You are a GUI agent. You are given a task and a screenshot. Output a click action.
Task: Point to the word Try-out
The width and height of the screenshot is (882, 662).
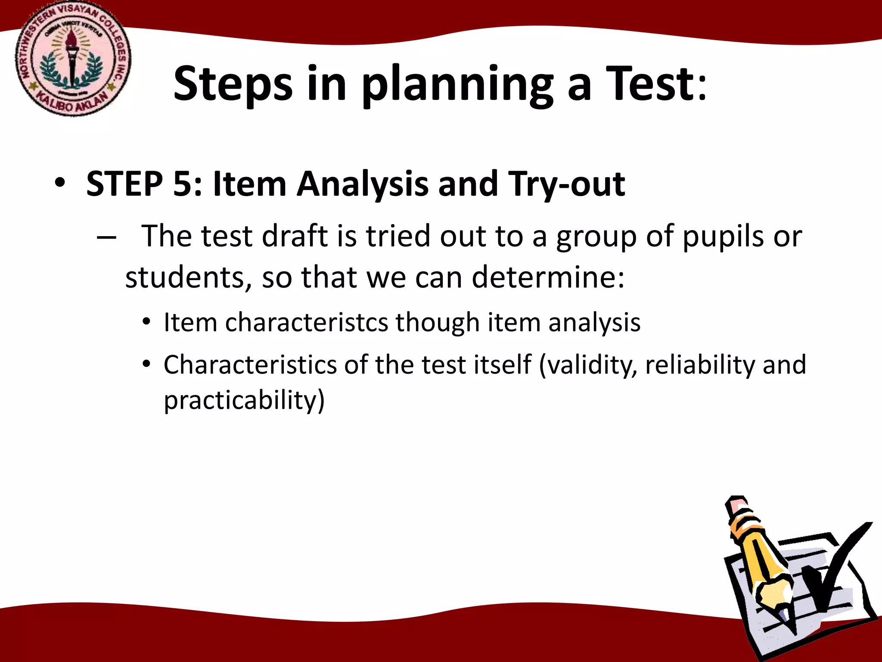[566, 184]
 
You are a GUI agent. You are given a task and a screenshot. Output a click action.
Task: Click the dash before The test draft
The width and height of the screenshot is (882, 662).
[106, 237]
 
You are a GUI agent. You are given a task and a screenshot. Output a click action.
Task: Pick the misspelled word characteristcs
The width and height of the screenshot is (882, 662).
[306, 322]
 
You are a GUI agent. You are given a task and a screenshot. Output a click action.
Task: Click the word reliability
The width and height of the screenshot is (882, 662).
[700, 365]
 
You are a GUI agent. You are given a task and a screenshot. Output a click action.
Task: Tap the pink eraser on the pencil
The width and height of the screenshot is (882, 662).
[737, 504]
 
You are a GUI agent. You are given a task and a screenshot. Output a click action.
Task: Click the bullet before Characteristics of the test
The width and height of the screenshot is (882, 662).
[147, 365]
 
